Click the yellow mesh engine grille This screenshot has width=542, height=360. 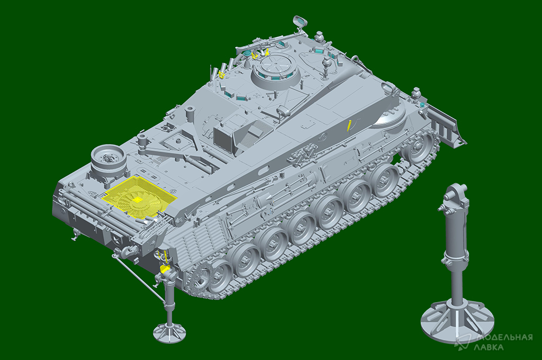pyautogui.click(x=140, y=196)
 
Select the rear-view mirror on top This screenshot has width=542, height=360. pyautogui.click(x=300, y=21)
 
